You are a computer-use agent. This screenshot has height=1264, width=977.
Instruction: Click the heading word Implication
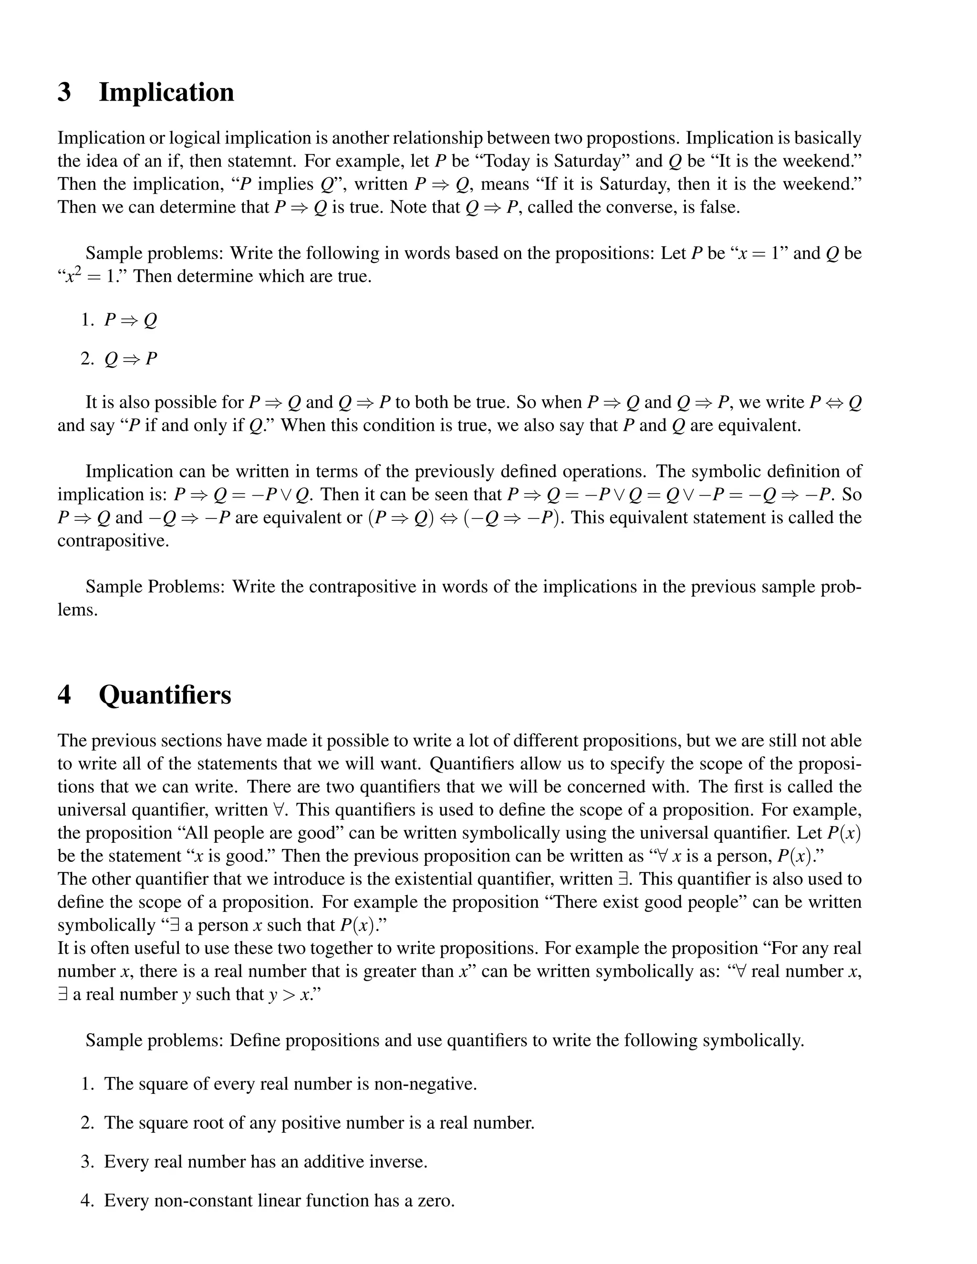pyautogui.click(x=166, y=93)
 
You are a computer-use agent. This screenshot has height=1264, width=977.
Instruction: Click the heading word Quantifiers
pyautogui.click(x=165, y=694)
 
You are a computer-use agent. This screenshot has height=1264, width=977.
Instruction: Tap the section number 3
pyautogui.click(x=64, y=93)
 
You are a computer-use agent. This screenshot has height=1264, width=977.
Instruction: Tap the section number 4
pyautogui.click(x=64, y=694)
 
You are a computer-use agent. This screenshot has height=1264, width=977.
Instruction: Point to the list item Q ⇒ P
pyautogui.click(x=131, y=359)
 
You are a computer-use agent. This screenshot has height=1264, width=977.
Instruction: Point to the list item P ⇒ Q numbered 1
pyautogui.click(x=131, y=320)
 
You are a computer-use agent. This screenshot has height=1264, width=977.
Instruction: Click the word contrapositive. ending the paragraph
pyautogui.click(x=114, y=540)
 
